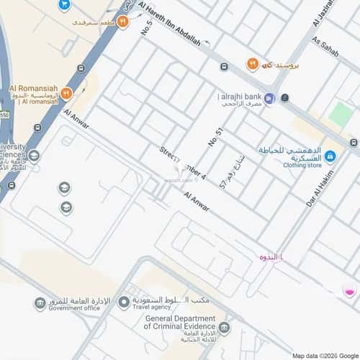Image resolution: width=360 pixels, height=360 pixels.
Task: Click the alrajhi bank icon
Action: point(269,99)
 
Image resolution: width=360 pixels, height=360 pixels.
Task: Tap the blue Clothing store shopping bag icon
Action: point(330,156)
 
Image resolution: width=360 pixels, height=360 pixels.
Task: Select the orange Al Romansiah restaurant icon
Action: point(66,94)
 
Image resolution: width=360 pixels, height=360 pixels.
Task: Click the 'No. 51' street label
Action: point(214,137)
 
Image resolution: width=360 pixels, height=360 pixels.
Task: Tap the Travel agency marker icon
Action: point(124,301)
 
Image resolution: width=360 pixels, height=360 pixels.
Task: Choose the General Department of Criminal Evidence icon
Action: point(225,329)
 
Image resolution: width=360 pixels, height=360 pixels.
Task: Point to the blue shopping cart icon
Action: point(64,5)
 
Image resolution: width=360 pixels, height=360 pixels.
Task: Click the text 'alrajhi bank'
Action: point(240,96)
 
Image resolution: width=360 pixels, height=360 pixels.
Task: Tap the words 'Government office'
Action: point(74,308)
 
